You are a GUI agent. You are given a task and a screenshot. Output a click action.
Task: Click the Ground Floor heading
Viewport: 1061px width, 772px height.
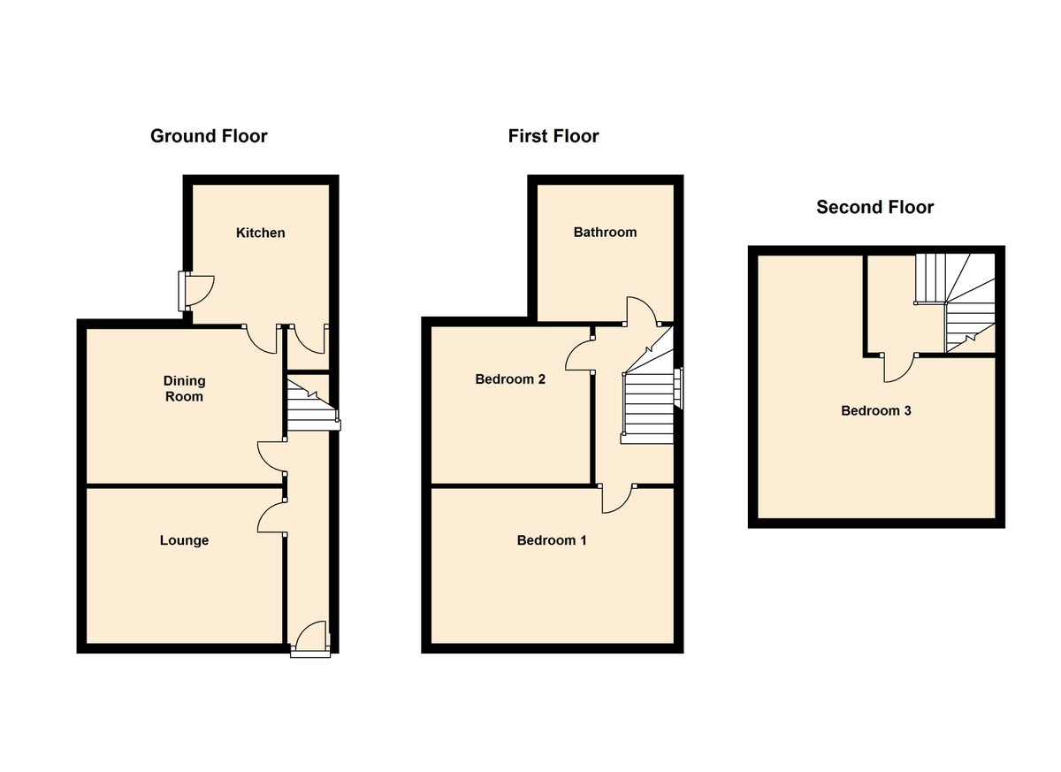tap(209, 136)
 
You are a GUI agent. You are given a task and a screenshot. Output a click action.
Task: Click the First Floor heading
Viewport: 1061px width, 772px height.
tap(553, 136)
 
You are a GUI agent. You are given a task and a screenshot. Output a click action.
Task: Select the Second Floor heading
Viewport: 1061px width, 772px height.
tap(874, 208)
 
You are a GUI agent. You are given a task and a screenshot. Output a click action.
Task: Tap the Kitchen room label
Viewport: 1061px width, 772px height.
tap(261, 233)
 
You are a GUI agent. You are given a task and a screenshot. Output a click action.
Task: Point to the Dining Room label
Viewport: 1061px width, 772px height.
tap(184, 389)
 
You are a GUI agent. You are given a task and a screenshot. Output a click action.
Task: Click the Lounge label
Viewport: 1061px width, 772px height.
tap(184, 540)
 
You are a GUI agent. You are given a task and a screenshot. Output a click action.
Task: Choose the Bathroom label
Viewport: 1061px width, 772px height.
tap(605, 233)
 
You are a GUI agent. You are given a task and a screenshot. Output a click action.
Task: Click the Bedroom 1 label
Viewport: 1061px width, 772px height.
tap(552, 540)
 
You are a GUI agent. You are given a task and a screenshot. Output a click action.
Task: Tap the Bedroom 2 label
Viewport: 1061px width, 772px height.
tap(510, 380)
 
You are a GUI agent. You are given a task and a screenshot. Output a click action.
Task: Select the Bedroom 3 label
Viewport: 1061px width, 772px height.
tap(875, 411)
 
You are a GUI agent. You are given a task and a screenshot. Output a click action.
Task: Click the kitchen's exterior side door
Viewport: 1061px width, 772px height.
tap(196, 291)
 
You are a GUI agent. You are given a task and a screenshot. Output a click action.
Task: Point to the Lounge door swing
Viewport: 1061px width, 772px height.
tap(271, 518)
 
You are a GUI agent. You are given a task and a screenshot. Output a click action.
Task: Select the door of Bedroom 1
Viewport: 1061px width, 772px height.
tap(617, 499)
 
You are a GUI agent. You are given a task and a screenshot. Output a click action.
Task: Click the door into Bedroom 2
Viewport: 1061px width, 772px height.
tap(579, 355)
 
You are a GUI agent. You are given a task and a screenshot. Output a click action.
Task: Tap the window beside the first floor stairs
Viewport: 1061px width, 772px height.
tap(679, 389)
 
